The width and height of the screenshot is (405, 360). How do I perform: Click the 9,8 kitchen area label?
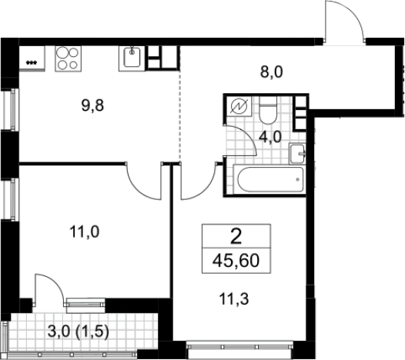pyautogui.click(x=92, y=105)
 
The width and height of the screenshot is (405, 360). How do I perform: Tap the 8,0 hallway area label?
pyautogui.click(x=272, y=72)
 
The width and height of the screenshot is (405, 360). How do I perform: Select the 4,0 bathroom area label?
pyautogui.click(x=270, y=137)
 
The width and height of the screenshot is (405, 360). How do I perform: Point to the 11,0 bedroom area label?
pyautogui.click(x=85, y=232)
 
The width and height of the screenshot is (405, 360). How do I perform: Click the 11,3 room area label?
pyautogui.click(x=234, y=299)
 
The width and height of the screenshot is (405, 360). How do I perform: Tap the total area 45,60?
pyautogui.click(x=236, y=261)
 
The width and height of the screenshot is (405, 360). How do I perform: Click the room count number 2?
pyautogui.click(x=236, y=237)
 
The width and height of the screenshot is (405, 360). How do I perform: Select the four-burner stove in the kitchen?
pyautogui.click(x=69, y=58)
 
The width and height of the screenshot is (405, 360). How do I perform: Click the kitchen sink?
pyautogui.click(x=132, y=58)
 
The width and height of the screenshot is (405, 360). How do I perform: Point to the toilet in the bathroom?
pyautogui.click(x=268, y=110)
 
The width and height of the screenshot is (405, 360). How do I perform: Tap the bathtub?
pyautogui.click(x=269, y=179)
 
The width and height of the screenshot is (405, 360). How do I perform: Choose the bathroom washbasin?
pyautogui.click(x=297, y=154)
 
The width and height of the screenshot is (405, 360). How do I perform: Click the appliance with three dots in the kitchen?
pyautogui.click(x=32, y=58)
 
